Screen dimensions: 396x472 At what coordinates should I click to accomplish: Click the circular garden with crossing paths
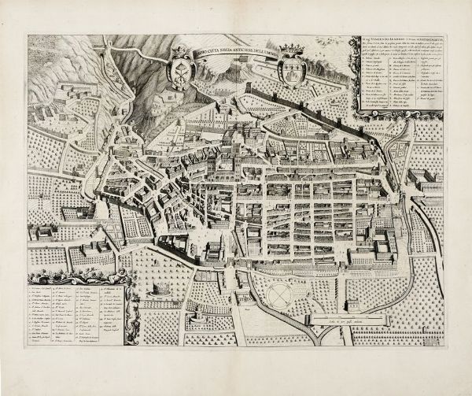[x=278, y=296]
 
